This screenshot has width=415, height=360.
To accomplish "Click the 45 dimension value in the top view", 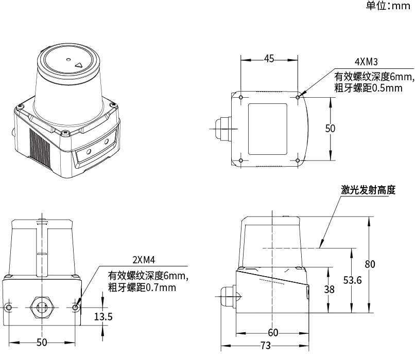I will point(269,59).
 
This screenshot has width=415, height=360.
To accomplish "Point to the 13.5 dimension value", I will point(103,317).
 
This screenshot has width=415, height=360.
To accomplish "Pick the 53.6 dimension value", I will point(352,280).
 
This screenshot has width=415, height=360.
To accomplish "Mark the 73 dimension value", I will point(265,346).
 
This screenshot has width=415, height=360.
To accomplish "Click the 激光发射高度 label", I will point(368,190).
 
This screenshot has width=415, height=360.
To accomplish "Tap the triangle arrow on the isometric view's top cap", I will point(79,65).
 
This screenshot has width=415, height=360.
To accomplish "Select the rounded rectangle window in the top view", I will point(267,128).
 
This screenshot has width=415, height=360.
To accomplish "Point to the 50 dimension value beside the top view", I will point(330,129).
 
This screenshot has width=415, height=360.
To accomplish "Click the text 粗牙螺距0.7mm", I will point(142,287).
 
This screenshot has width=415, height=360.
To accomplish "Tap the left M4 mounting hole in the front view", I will point(8,308).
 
